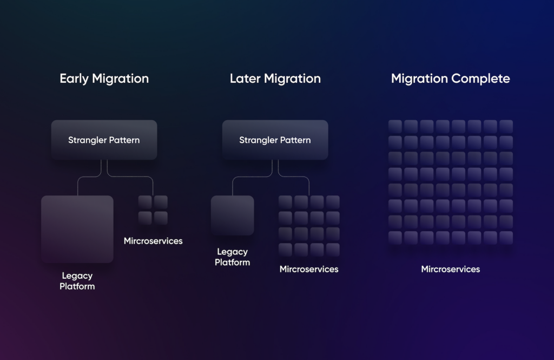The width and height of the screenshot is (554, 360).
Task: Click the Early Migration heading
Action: click(104, 78)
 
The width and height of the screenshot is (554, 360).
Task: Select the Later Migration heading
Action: click(275, 78)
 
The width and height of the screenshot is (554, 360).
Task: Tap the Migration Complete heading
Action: click(450, 78)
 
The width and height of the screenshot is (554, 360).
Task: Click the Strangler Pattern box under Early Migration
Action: click(104, 140)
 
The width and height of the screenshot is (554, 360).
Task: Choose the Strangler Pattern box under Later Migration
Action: click(275, 140)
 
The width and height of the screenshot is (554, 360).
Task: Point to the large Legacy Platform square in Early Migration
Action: click(77, 229)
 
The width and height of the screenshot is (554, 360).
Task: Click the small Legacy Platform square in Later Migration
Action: click(232, 215)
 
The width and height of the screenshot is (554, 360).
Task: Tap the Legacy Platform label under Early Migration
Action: click(77, 281)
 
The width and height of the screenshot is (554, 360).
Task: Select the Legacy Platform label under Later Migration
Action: click(232, 257)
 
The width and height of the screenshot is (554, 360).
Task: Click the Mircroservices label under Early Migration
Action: click(153, 241)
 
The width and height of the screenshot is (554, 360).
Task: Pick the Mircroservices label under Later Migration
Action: click(309, 269)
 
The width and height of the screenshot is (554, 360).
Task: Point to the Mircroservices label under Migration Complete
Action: click(450, 269)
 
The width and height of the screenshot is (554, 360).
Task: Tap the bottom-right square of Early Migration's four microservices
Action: click(161, 218)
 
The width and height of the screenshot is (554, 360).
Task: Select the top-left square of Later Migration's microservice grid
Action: click(286, 202)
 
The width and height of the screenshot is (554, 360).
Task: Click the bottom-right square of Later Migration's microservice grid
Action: click(333, 250)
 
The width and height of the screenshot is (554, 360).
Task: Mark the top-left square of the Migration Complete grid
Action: click(395, 127)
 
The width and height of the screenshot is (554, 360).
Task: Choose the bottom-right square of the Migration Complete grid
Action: click(506, 238)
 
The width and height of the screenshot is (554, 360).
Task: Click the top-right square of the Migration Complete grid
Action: click(506, 127)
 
